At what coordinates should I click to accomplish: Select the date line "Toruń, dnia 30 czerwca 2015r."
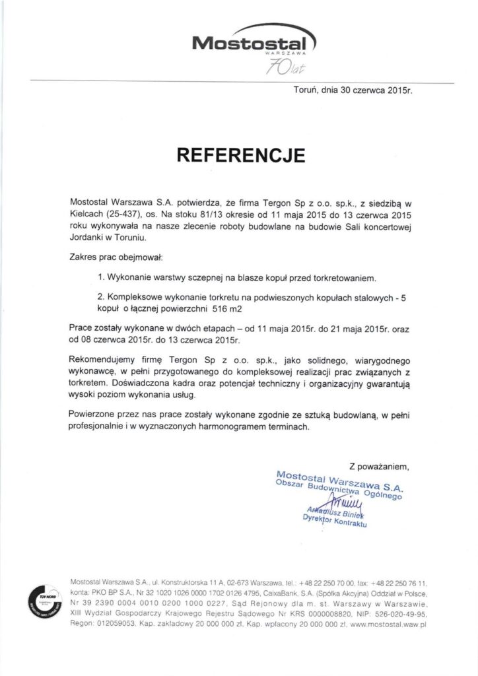click(x=353, y=93)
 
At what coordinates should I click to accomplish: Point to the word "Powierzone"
click(x=94, y=415)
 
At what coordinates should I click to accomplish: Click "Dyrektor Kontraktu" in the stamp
click(x=333, y=520)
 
